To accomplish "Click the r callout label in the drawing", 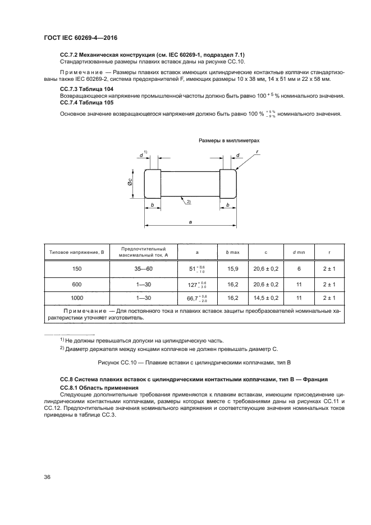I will [x=257, y=152].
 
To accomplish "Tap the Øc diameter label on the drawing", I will [x=130, y=182].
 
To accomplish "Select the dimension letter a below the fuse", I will [x=190, y=222].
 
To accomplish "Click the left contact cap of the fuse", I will [x=153, y=183].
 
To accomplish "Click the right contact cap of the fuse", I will [x=228, y=183].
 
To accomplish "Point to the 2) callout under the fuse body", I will [x=189, y=201].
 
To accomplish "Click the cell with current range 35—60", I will [x=144, y=269].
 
